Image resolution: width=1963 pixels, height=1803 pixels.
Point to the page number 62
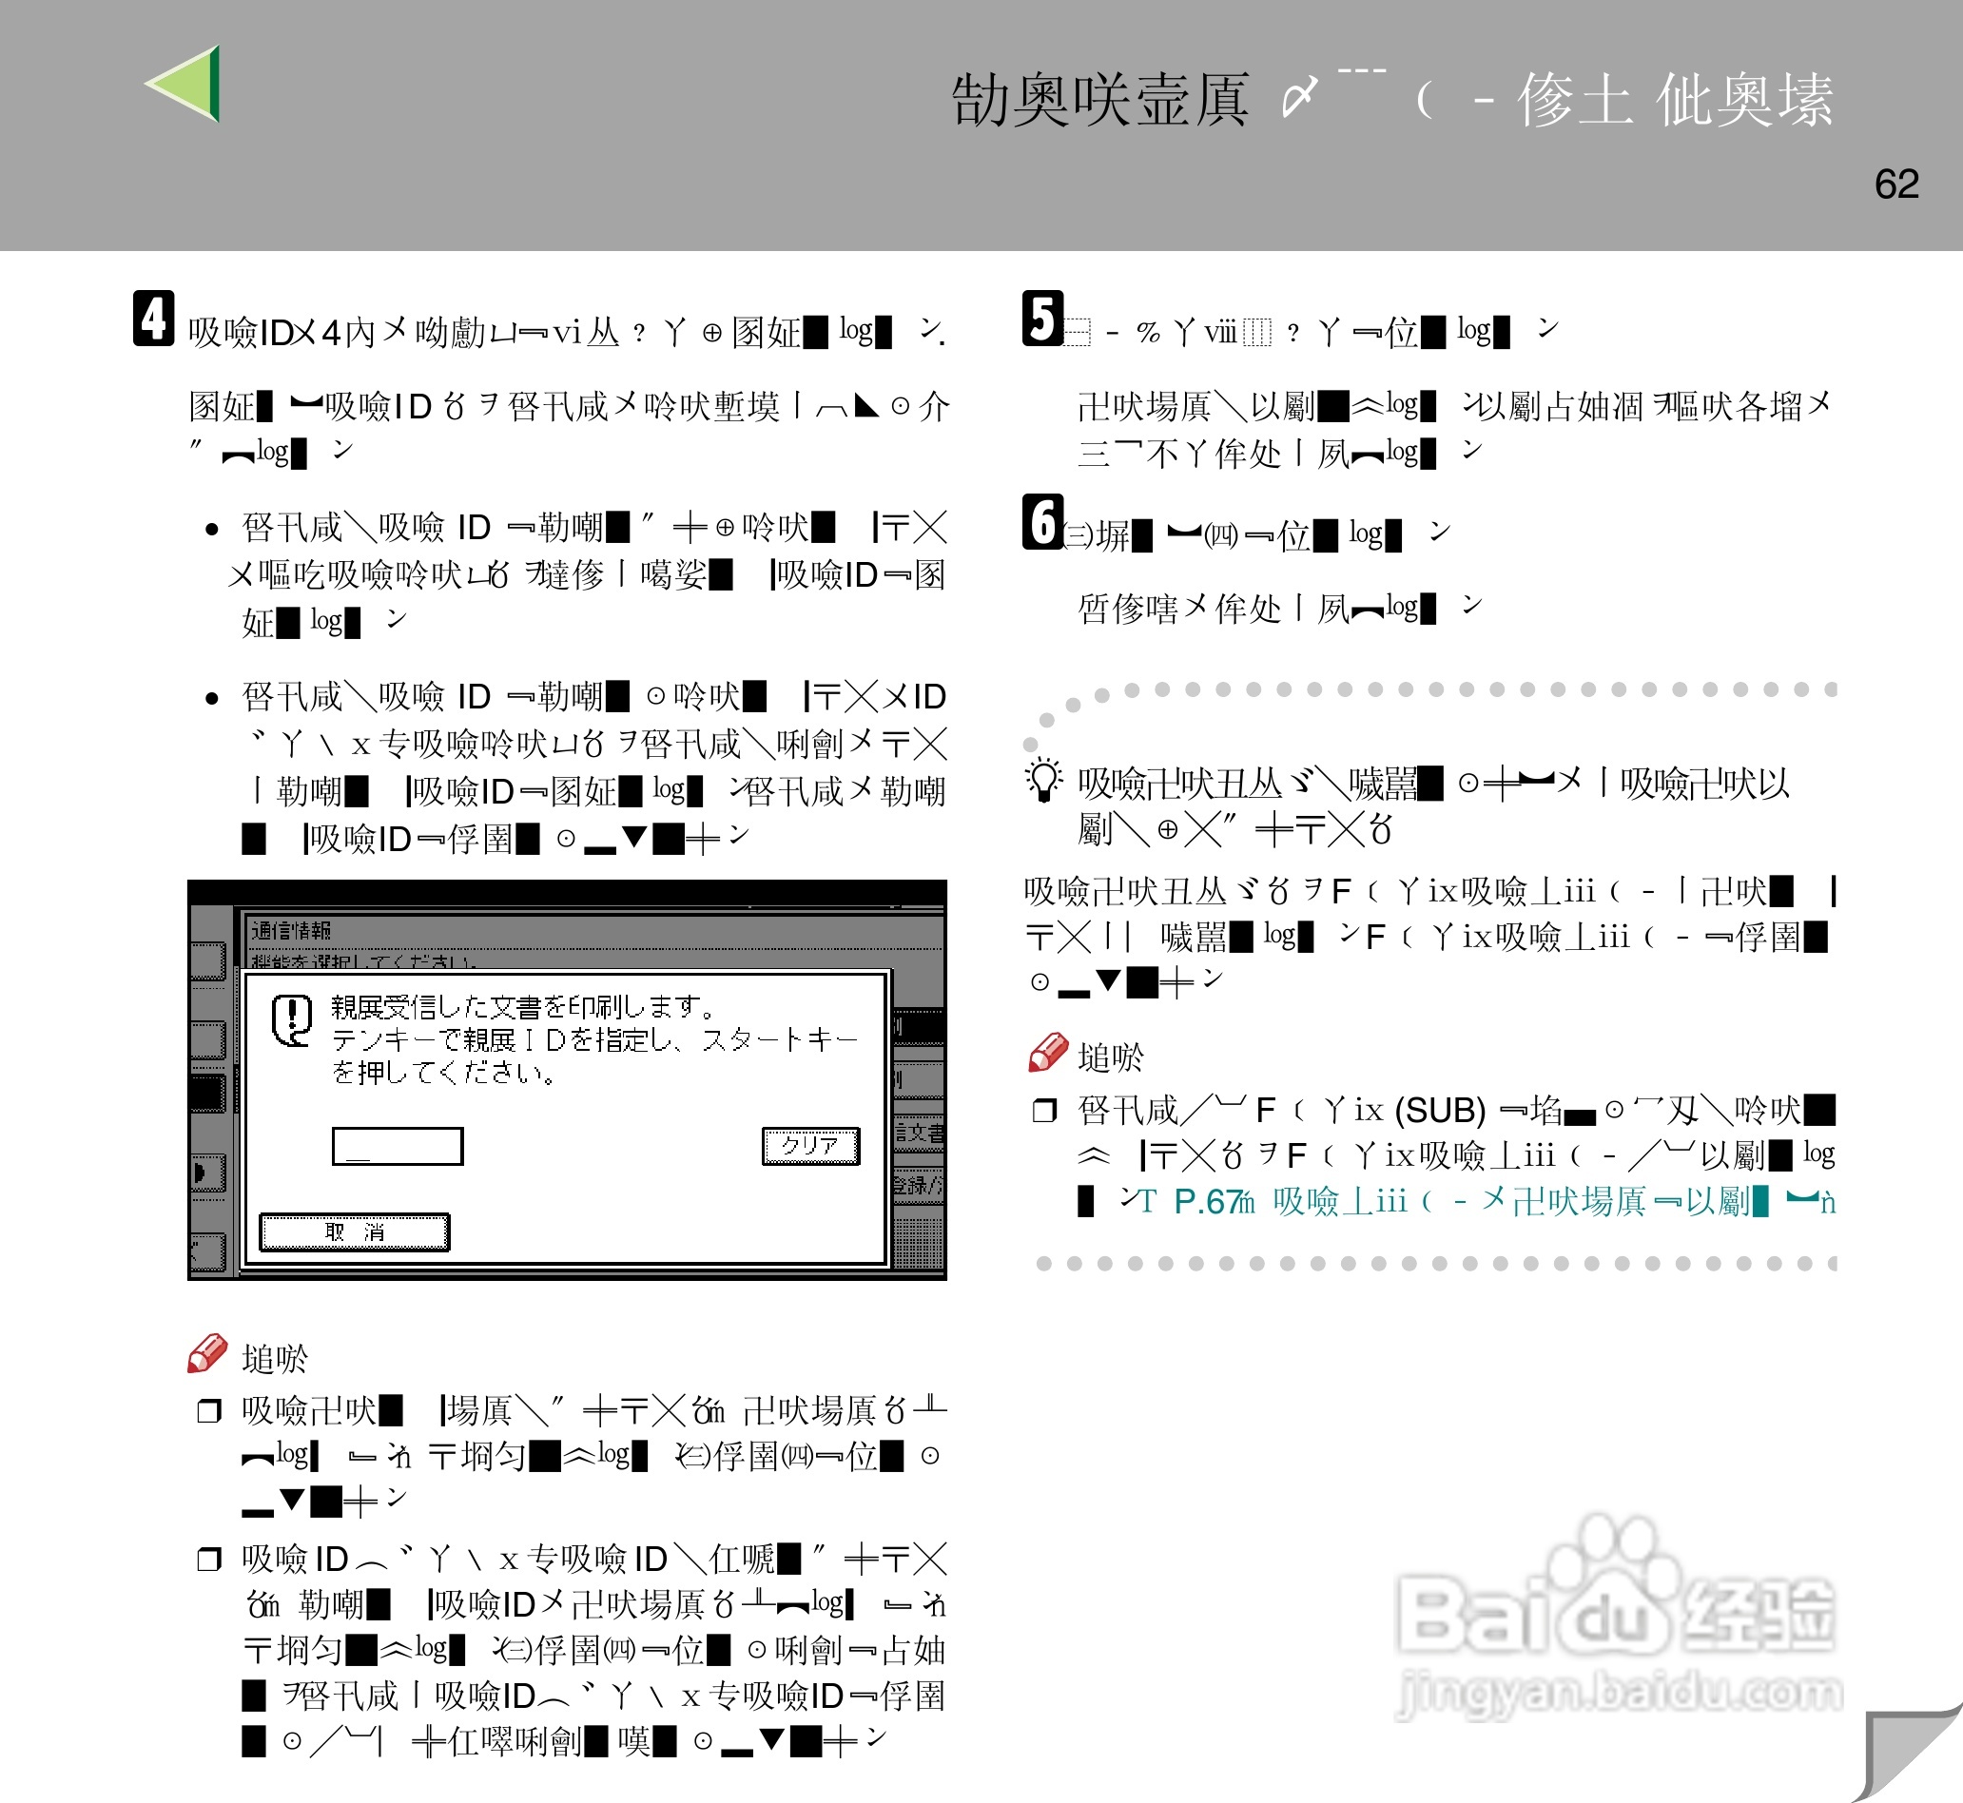click(1895, 184)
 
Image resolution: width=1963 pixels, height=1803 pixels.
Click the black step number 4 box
click(154, 318)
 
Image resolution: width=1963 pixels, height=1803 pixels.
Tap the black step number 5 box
click(1042, 318)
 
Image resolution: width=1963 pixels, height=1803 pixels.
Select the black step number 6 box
click(1042, 522)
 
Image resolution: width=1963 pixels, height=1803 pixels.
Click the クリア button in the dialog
click(809, 1145)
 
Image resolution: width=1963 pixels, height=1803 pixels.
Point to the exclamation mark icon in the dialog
click(292, 1019)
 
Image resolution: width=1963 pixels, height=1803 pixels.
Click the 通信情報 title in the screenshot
click(291, 930)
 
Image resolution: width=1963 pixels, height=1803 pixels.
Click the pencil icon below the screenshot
click(206, 1354)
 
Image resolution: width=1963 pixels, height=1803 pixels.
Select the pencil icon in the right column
click(1048, 1053)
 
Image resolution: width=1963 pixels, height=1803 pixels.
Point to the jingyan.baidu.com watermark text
click(1620, 1692)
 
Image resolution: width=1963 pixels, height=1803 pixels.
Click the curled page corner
click(1908, 1756)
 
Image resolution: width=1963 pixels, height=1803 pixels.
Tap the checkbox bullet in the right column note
click(1044, 1111)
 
